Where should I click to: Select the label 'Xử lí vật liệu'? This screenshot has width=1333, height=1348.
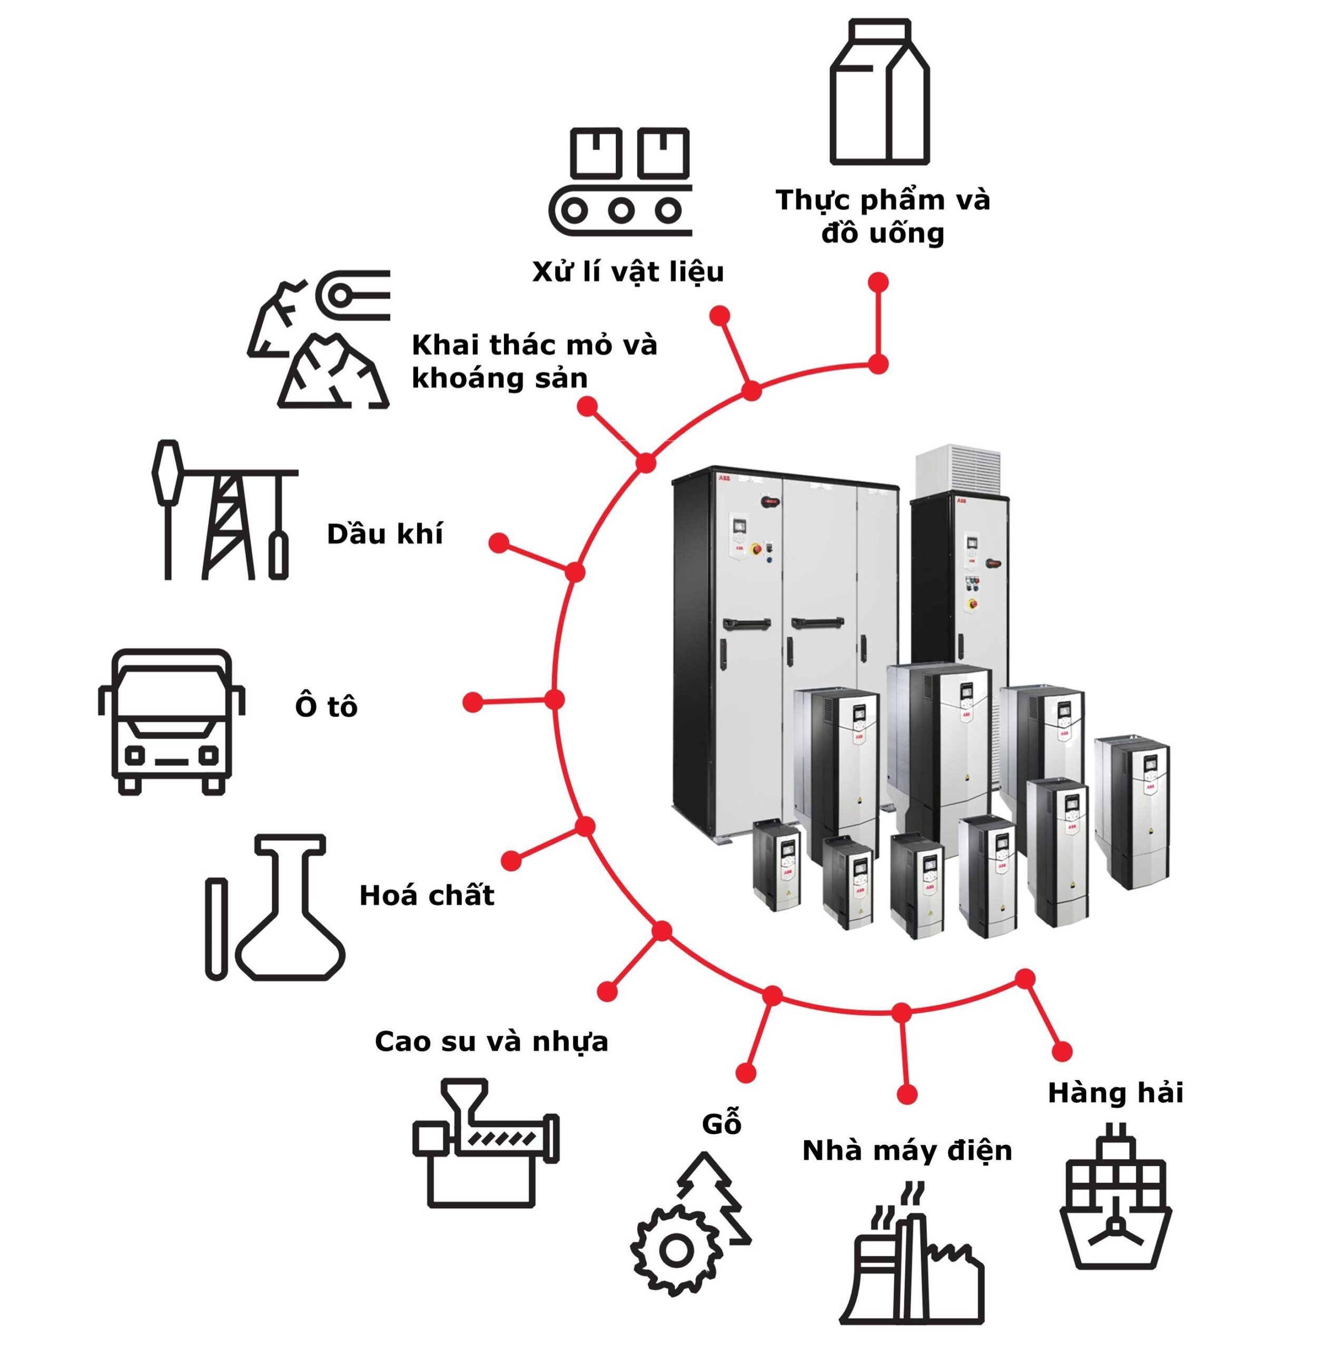tap(627, 272)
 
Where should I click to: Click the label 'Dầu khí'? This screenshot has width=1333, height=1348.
tap(384, 534)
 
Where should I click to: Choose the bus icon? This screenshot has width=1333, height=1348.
tap(171, 721)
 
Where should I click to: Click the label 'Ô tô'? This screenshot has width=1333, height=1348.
tap(326, 707)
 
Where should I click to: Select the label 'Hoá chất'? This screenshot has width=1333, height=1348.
tap(427, 895)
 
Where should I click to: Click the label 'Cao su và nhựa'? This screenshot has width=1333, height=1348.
tap(491, 1042)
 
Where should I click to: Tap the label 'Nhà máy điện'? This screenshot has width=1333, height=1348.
tap(906, 1151)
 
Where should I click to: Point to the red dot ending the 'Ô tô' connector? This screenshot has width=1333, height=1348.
tap(472, 702)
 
